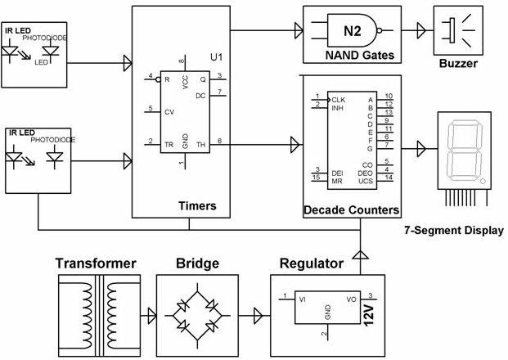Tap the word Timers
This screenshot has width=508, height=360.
(x=197, y=205)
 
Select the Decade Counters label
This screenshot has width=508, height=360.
(x=351, y=210)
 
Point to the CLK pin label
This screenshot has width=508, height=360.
(x=338, y=99)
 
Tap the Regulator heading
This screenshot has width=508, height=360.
(x=312, y=263)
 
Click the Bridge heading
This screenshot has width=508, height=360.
(x=197, y=263)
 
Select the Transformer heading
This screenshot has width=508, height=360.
(x=96, y=263)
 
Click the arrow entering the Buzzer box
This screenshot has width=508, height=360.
(x=420, y=31)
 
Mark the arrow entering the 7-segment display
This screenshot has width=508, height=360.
(x=420, y=149)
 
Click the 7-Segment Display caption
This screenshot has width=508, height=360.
(x=454, y=230)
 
